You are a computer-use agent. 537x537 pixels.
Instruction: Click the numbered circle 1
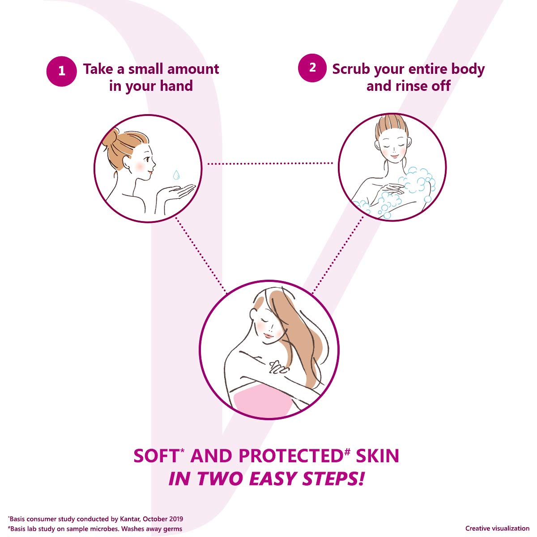coord(61,71)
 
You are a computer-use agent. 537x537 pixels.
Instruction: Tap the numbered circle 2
coord(312,68)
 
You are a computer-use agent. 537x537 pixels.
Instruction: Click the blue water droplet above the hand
coord(176,175)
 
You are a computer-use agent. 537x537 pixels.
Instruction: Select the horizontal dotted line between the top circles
coord(270,164)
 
